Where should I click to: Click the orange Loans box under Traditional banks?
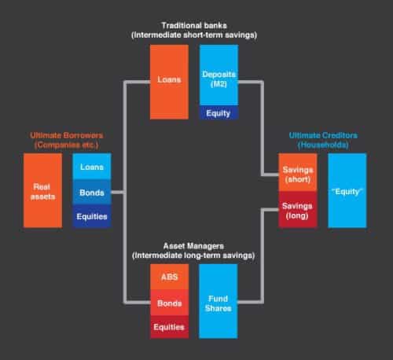[x=169, y=82]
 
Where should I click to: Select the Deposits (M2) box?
[x=219, y=75]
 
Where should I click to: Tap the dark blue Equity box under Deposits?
[x=219, y=112]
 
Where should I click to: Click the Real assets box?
[x=43, y=190]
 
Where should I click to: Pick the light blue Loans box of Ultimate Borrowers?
[x=92, y=167]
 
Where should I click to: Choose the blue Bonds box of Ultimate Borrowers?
[x=92, y=192]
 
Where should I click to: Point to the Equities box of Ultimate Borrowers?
[x=92, y=216]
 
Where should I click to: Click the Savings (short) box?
[x=298, y=172]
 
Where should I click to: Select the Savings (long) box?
[x=298, y=210]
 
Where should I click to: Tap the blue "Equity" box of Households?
[x=347, y=190]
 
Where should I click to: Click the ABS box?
[x=170, y=277]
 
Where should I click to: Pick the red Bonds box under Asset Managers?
[x=170, y=303]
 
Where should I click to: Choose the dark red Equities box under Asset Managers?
[x=170, y=327]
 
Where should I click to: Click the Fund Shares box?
[x=219, y=301]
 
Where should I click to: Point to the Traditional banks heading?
[x=194, y=25]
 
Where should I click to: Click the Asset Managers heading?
[x=193, y=246]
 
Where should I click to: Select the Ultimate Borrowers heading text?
[x=67, y=135]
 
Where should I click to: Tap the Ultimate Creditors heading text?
[x=323, y=135]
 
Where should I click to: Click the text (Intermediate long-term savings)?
[x=193, y=255]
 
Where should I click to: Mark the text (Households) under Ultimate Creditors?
[x=323, y=145]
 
